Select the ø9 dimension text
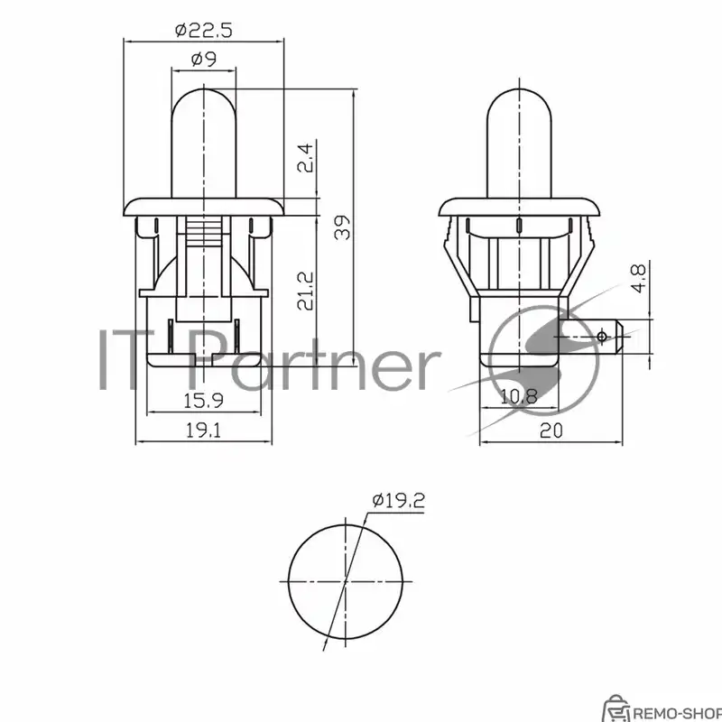point(203,60)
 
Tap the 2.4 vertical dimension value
point(306,160)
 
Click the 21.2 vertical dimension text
point(306,291)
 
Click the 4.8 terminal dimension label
point(638,278)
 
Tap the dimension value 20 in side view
point(551,430)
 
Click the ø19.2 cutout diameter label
point(397,502)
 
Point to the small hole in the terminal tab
point(603,337)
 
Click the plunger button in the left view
point(203,140)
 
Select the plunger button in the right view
point(520,140)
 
